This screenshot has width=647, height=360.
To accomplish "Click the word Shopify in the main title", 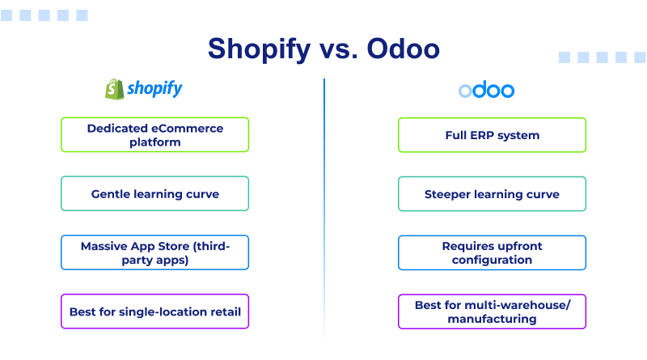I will [258, 49].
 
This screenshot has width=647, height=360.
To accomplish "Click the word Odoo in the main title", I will [404, 49].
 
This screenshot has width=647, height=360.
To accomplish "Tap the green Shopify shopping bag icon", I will [112, 89].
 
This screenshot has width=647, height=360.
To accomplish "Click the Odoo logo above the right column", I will [486, 90].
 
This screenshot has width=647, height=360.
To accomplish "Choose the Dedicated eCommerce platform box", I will [154, 135].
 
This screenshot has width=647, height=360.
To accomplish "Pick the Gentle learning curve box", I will [154, 194].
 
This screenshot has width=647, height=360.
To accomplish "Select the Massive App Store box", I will [154, 252].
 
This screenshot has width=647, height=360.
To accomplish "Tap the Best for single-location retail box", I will [154, 311].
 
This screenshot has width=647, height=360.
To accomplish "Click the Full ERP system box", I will [492, 135].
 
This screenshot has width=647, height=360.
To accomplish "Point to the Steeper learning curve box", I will [492, 194].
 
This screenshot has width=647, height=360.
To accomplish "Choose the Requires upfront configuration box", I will [492, 252].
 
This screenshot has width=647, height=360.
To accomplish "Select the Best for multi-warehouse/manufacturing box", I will [492, 311].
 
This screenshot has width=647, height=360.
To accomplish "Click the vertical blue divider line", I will [324, 202].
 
